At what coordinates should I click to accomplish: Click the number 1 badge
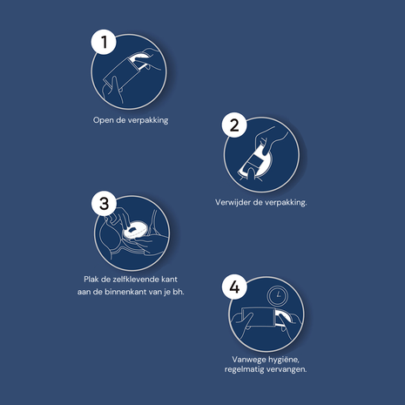(x=104, y=42)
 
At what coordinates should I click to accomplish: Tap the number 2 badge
(x=234, y=125)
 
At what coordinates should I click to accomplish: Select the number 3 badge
(x=104, y=203)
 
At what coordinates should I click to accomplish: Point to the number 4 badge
(x=234, y=287)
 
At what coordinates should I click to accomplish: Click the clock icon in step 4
(x=278, y=295)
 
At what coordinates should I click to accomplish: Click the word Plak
(x=91, y=280)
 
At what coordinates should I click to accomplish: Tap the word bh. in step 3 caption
(x=179, y=292)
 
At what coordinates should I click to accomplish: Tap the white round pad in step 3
(x=135, y=229)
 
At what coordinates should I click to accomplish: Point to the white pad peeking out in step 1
(x=139, y=60)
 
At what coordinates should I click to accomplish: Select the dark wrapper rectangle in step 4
(x=258, y=317)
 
